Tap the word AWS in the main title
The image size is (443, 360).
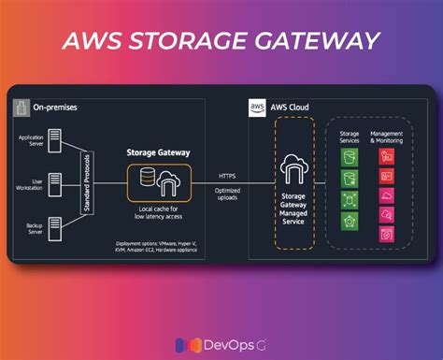96,41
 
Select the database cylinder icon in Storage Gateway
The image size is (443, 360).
149,179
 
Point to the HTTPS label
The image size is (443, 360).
227,175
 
